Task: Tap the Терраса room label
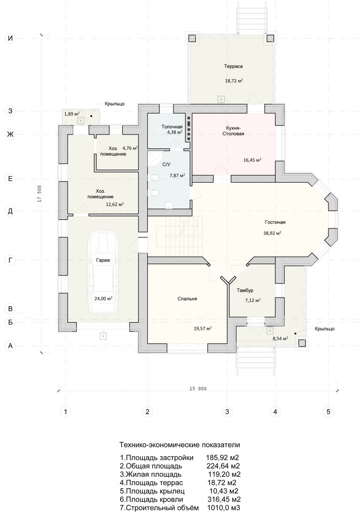pyautogui.click(x=233, y=66)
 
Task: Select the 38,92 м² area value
pyautogui.click(x=272, y=233)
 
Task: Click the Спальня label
pyautogui.click(x=187, y=299)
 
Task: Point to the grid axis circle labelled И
pyautogui.click(x=10, y=38)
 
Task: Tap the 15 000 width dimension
pyautogui.click(x=198, y=389)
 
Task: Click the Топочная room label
pyautogui.click(x=172, y=127)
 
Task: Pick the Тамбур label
pyautogui.click(x=245, y=290)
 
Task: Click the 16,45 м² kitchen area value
pyautogui.click(x=252, y=160)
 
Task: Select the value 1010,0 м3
pyautogui.click(x=224, y=508)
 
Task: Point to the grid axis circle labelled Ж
pyautogui.click(x=10, y=134)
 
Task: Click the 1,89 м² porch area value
pyautogui.click(x=72, y=114)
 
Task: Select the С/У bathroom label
pyautogui.click(x=166, y=164)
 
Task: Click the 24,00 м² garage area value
pyautogui.click(x=103, y=299)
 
